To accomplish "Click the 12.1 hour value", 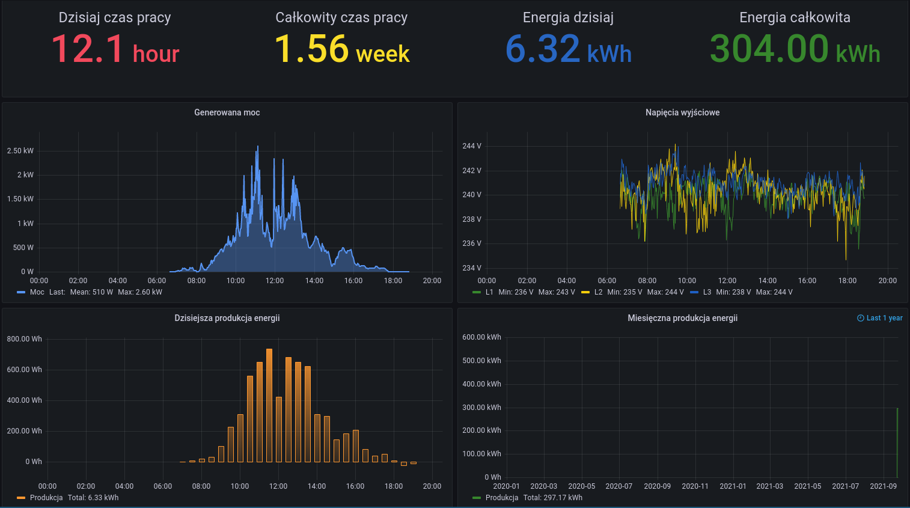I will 115,49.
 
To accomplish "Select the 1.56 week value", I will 342,49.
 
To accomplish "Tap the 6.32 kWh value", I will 568,49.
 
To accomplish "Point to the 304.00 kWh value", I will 795,49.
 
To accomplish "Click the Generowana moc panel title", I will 227,112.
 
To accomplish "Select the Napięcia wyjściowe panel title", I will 682,112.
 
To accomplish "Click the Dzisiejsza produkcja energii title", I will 227,318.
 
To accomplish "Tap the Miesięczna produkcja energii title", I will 682,318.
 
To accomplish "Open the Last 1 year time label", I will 880,318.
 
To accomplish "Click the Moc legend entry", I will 37,292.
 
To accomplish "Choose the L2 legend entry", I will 598,292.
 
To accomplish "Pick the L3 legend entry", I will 707,292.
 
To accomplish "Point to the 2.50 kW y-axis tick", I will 20,151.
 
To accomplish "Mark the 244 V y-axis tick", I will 472,146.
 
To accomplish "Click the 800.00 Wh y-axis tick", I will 25,339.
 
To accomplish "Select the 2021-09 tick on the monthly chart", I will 883,486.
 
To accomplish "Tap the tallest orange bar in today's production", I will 269,405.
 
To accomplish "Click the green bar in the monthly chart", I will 897,442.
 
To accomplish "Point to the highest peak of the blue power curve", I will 258,147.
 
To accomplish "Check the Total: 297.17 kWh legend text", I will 552,498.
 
